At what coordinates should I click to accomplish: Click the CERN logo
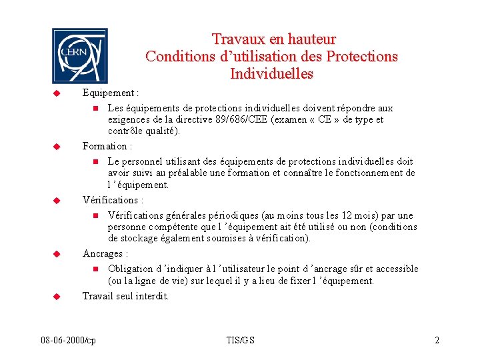[x=79, y=56]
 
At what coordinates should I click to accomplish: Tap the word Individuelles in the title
[x=271, y=73]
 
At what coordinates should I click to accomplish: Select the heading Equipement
[x=109, y=93]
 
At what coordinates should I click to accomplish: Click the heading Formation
[x=106, y=146]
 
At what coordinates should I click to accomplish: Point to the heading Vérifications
[x=111, y=200]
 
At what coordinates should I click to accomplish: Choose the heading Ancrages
[x=104, y=253]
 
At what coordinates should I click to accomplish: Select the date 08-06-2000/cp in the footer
[x=68, y=341]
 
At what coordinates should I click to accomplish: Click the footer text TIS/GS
[x=241, y=341]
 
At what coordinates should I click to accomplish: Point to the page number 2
[x=437, y=341]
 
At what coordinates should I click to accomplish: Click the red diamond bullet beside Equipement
[x=57, y=93]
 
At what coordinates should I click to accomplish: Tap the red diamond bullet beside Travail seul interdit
[x=57, y=295]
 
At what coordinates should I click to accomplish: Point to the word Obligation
[x=131, y=269]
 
